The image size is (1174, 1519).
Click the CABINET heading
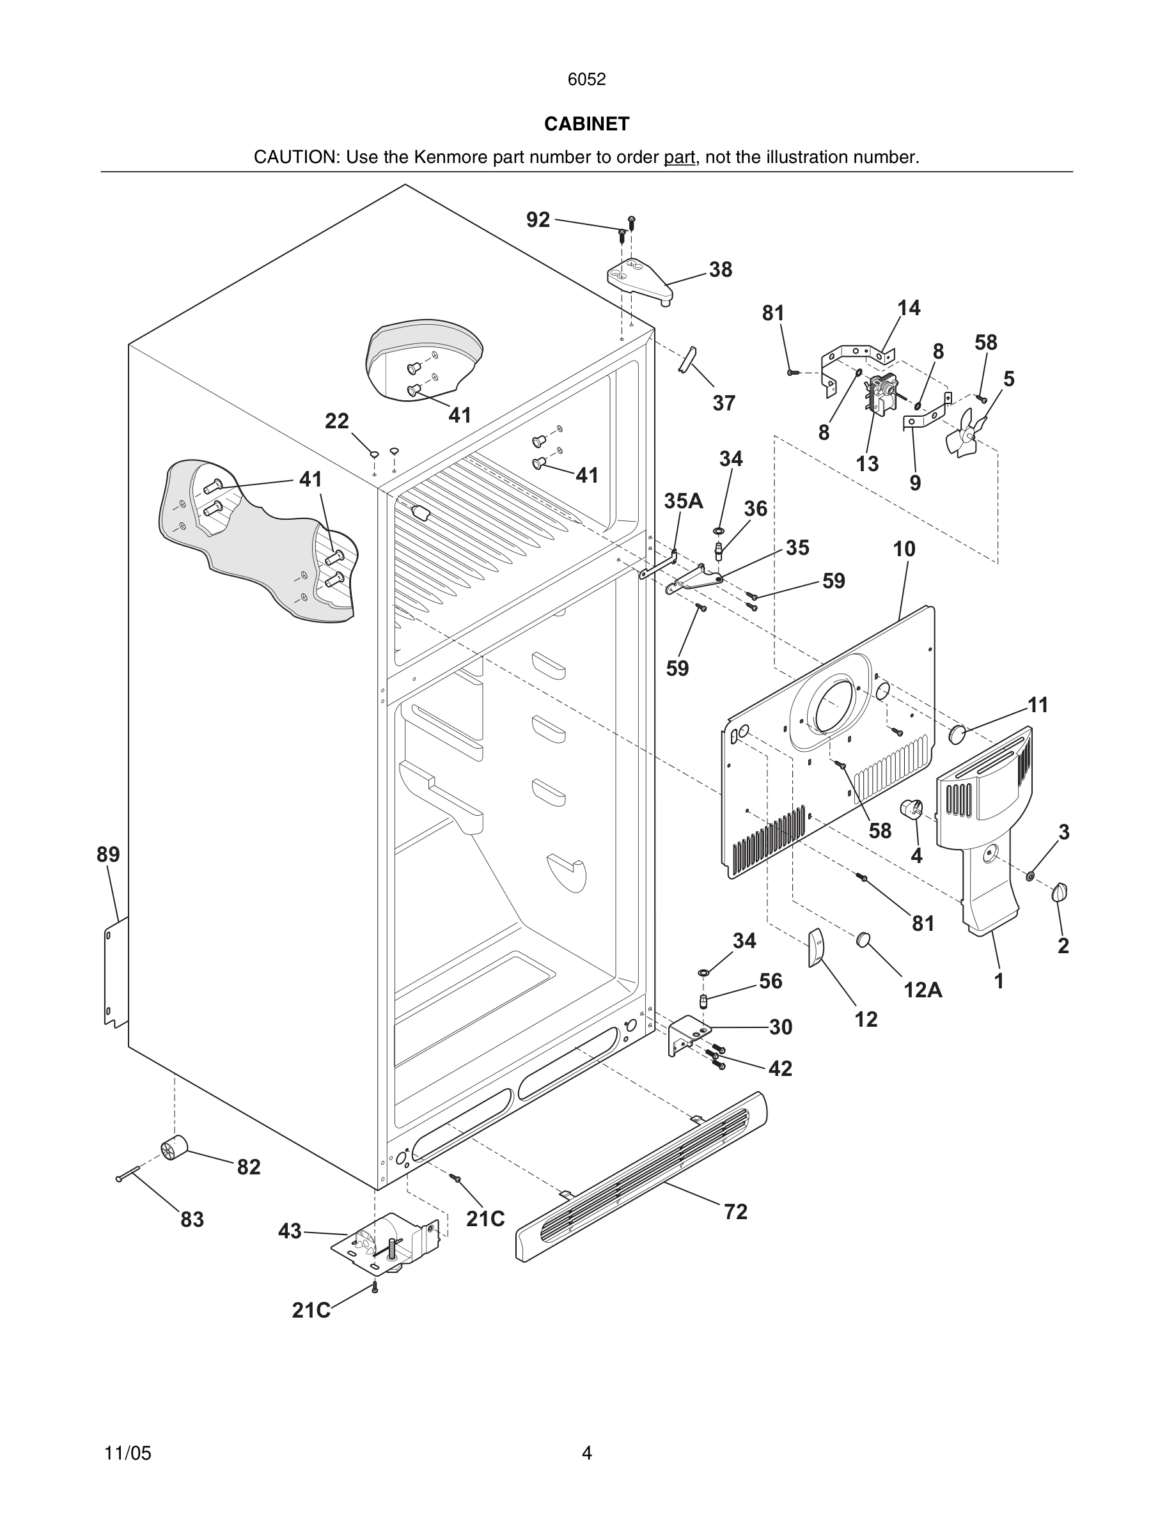[x=586, y=124]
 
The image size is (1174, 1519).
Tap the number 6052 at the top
[x=586, y=79]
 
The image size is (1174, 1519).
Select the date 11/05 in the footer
[x=127, y=1453]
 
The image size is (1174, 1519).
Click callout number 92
[x=538, y=220]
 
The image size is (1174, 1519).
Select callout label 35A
[x=683, y=501]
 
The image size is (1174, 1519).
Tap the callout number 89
[x=108, y=854]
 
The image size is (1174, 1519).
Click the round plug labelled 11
[x=959, y=733]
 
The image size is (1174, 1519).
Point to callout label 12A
[x=922, y=990]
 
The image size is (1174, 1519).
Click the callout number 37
[x=723, y=403]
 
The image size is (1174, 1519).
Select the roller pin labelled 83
[x=129, y=1174]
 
